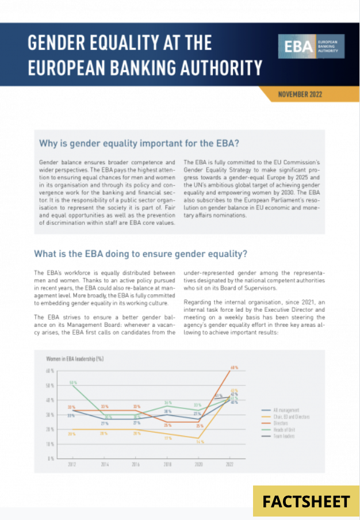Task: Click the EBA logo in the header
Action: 311,47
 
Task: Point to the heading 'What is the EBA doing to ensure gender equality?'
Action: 140,253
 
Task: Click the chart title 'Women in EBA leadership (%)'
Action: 75,358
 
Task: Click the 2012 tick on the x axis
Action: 72,463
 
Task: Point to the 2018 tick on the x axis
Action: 167,463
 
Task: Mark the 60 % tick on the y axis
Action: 50,371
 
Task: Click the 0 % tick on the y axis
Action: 51,458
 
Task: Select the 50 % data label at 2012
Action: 73,382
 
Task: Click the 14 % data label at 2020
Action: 200,442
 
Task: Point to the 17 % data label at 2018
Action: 167,438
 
